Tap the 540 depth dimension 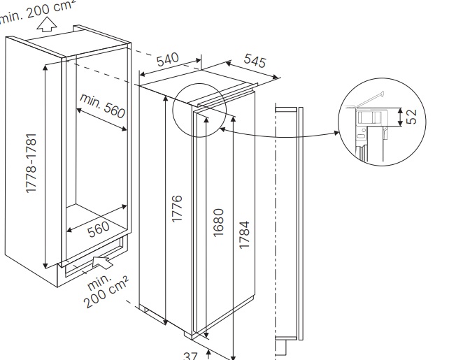168,62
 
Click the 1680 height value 218,222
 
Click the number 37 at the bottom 190,355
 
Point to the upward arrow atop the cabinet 47,26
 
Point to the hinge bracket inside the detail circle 369,115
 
